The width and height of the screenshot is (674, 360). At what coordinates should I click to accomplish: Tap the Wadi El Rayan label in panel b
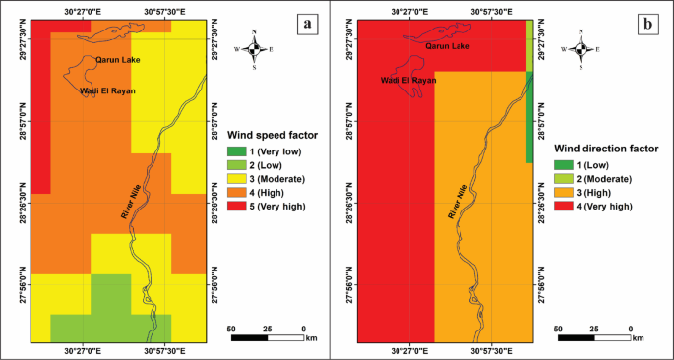(x=407, y=81)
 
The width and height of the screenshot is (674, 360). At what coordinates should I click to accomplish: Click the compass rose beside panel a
(x=255, y=49)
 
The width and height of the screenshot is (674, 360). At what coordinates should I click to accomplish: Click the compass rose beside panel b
(x=582, y=49)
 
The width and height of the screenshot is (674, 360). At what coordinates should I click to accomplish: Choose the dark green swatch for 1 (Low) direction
(x=563, y=165)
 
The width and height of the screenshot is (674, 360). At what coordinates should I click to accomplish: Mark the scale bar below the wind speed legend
(x=268, y=338)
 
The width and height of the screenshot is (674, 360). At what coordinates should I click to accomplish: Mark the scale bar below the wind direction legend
(x=594, y=338)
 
